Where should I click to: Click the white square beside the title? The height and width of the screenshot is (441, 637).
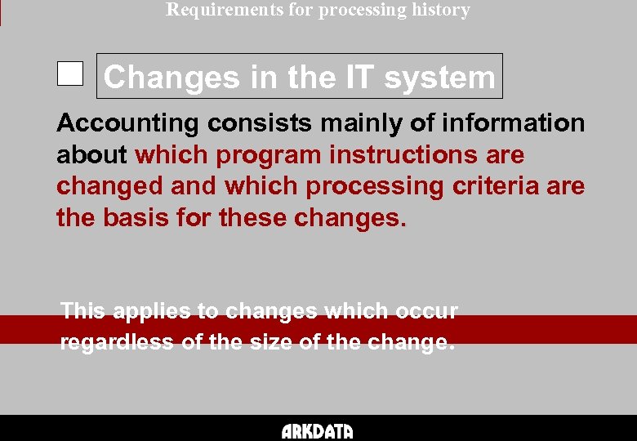70,74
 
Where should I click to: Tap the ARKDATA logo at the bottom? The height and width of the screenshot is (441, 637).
318,431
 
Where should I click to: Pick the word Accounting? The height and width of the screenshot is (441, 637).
127,123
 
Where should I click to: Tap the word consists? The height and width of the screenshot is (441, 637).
259,123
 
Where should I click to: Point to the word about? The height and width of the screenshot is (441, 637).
92,154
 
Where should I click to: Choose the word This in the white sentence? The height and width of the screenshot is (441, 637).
83,311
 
